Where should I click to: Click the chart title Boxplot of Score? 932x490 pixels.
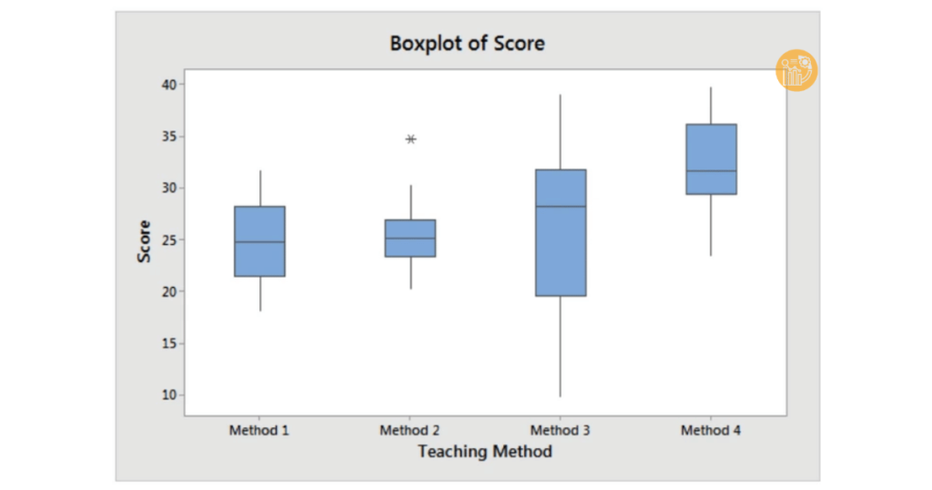(x=467, y=44)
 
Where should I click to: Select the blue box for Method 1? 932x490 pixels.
(x=259, y=241)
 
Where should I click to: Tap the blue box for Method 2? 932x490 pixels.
(x=410, y=238)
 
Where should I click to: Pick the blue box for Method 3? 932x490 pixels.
(x=561, y=232)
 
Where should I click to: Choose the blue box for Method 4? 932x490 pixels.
(x=711, y=159)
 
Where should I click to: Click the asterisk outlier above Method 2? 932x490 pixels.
(x=410, y=139)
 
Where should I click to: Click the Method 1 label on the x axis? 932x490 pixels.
(x=259, y=430)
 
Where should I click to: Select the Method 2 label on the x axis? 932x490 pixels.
(x=410, y=430)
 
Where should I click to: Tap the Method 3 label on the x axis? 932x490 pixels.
(x=561, y=430)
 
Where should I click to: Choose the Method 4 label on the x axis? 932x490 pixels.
(x=711, y=430)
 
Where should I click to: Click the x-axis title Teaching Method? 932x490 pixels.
(x=485, y=452)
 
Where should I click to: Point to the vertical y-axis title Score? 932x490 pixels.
(x=145, y=241)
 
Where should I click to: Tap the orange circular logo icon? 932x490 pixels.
(x=796, y=70)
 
